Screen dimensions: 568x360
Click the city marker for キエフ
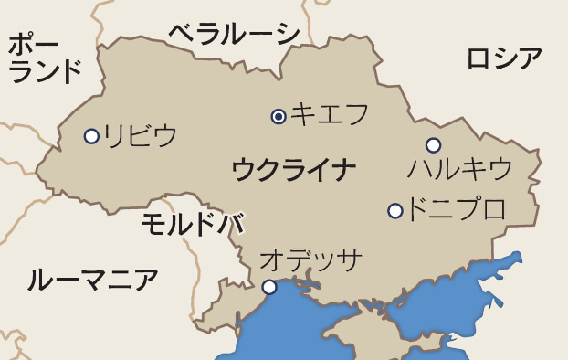pyautogui.click(x=279, y=116)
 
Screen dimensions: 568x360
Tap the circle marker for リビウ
pyautogui.click(x=91, y=136)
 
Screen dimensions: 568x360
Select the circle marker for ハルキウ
pyautogui.click(x=433, y=145)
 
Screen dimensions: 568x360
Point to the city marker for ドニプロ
pyautogui.click(x=394, y=211)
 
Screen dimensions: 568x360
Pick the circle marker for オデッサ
pyautogui.click(x=269, y=287)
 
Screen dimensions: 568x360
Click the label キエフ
pyautogui.click(x=330, y=114)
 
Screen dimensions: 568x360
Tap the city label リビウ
pyautogui.click(x=140, y=135)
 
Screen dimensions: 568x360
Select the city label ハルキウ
pyautogui.click(x=459, y=169)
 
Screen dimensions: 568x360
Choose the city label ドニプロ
pyautogui.click(x=456, y=209)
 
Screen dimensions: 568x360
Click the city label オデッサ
pyautogui.click(x=311, y=259)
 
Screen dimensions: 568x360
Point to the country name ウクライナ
pyautogui.click(x=293, y=169)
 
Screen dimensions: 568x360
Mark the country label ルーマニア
pyautogui.click(x=92, y=280)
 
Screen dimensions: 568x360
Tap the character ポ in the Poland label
pyautogui.click(x=20, y=43)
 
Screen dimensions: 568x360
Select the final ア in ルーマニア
pyautogui.click(x=145, y=280)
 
